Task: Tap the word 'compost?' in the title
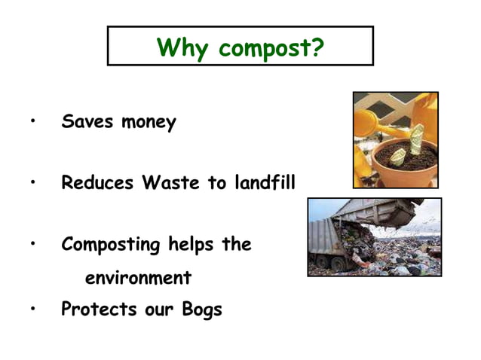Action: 271,50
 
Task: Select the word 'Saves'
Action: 86,121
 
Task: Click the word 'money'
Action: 149,123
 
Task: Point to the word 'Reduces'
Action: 97,182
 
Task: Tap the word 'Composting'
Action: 111,246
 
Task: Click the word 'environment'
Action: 138,278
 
